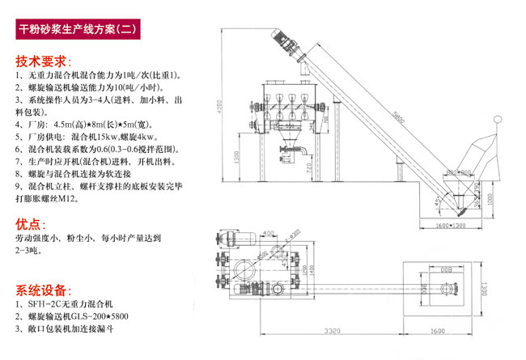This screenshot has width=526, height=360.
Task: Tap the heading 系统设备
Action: pos(43,289)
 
